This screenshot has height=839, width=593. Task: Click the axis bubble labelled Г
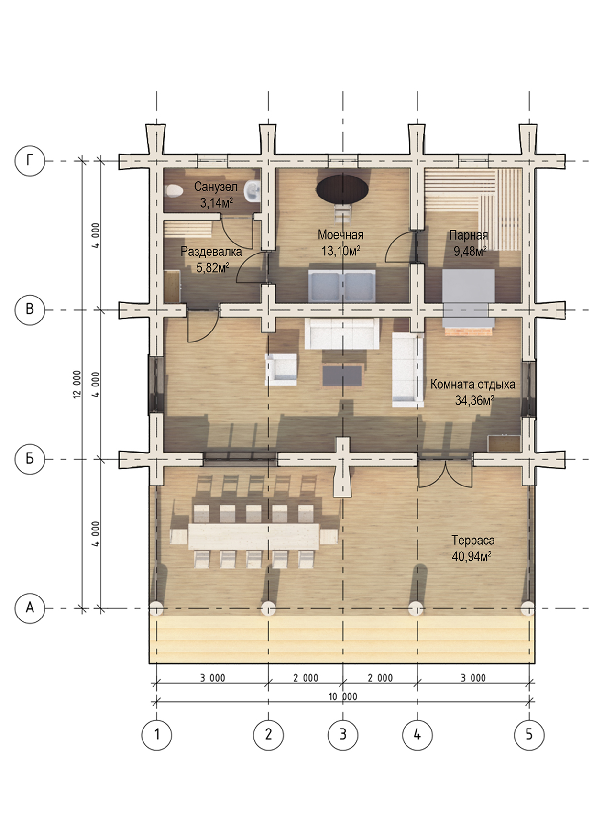click(x=30, y=161)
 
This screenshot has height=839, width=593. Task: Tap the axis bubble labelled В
click(x=30, y=309)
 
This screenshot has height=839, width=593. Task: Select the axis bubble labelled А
click(x=30, y=608)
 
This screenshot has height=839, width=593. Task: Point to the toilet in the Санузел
click(x=173, y=191)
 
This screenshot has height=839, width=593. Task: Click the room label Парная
click(x=469, y=235)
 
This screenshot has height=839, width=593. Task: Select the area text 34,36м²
click(x=474, y=400)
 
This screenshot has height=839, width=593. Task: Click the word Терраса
click(x=473, y=541)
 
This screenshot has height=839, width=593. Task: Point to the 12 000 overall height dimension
click(x=77, y=384)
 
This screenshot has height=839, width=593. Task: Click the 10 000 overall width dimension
click(x=343, y=696)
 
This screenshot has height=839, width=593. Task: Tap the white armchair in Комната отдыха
click(x=281, y=369)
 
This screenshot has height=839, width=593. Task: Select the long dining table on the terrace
click(x=253, y=536)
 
